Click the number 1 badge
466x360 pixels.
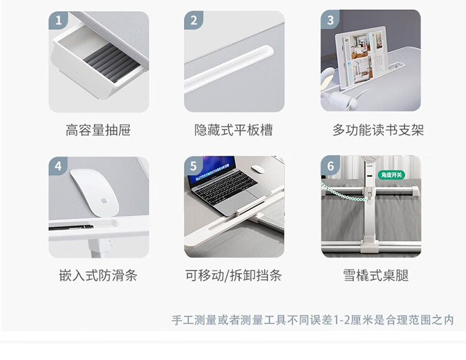coord(58,20)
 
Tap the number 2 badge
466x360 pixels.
coord(193,20)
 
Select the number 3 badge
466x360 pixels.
coord(330,19)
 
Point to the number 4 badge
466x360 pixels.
coord(58,166)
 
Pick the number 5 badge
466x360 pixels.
coord(193,166)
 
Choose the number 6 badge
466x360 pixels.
coord(330,166)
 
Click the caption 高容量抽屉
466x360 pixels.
coord(98,130)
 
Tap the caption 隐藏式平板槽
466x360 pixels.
coord(234,130)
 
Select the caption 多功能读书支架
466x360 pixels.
coord(378,130)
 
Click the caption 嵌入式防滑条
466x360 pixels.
coord(98,276)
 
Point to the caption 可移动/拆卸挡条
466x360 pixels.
coord(233,276)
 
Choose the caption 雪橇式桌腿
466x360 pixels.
coord(376,276)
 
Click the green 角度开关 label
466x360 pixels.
coord(391,175)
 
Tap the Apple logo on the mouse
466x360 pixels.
coord(104,200)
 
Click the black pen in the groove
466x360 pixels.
coord(71,228)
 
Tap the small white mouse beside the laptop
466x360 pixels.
coord(258,169)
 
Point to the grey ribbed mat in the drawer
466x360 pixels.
coord(111,63)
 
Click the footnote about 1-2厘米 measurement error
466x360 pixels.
coord(313,320)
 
